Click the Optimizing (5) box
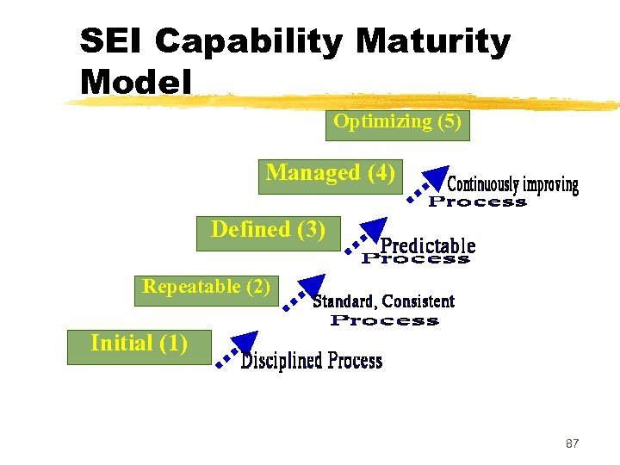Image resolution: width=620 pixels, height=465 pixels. coord(397,123)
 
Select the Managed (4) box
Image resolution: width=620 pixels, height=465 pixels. coord(331,175)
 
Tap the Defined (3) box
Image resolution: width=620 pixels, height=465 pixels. coord(269,232)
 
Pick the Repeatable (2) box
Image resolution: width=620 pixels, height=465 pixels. coord(207,288)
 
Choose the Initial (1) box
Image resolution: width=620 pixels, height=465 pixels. coord(139,345)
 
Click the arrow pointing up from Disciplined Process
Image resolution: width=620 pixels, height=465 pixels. coord(237,349)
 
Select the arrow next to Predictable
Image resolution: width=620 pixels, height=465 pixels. coord(365,237)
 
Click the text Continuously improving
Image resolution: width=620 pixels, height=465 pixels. coord(513,184)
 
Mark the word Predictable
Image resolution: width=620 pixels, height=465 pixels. coord(428,245)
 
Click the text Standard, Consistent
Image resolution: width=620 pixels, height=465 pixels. coord(383,301)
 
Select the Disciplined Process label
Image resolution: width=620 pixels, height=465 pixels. coord(311,361)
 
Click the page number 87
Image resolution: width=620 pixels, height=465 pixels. coord(572,443)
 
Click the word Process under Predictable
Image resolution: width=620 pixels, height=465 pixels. coord(416,258)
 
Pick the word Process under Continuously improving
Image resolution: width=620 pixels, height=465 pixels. coord(477,201)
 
